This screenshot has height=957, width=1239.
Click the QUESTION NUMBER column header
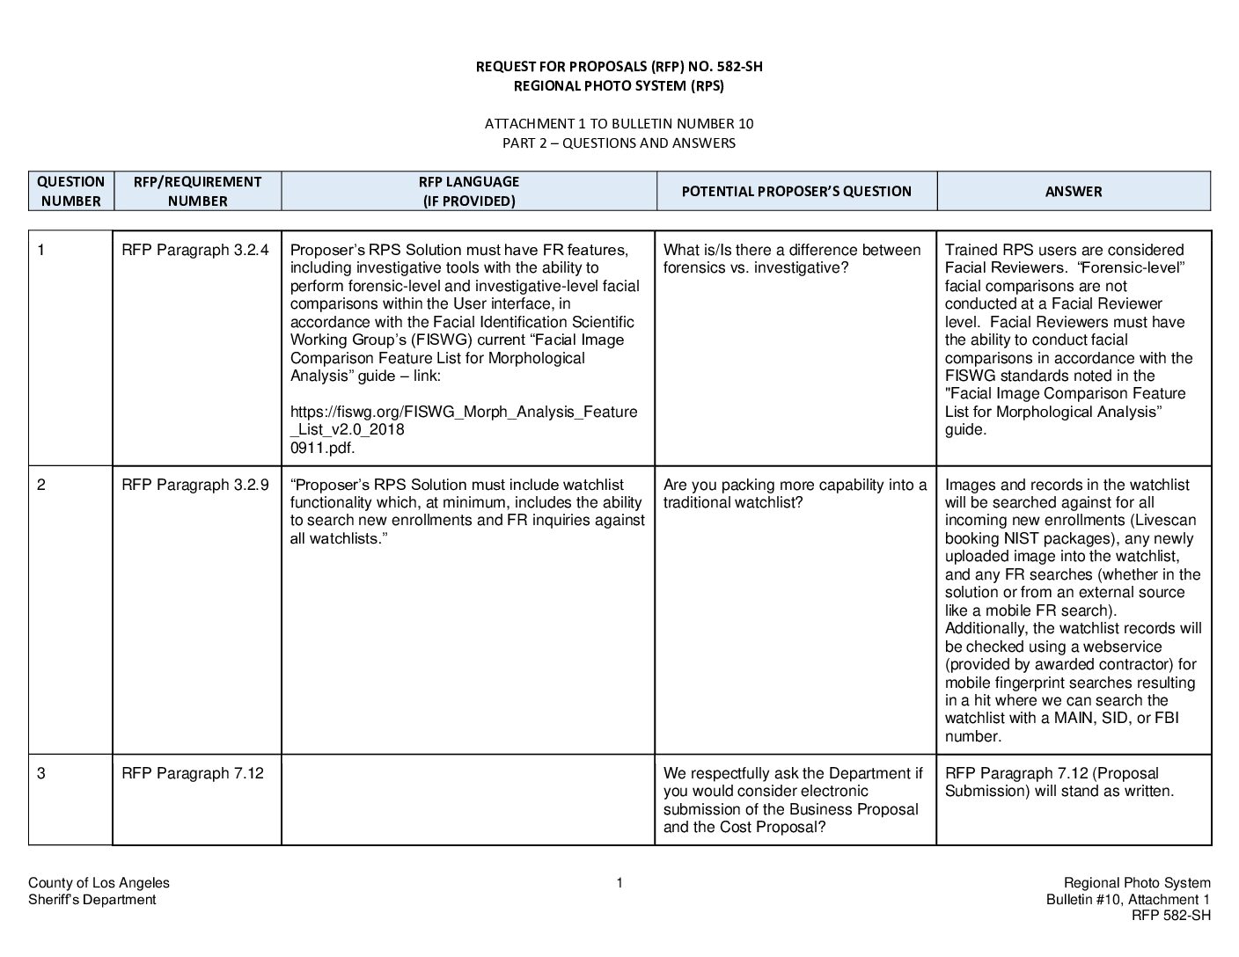(x=70, y=191)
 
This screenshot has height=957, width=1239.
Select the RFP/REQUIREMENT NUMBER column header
(x=197, y=191)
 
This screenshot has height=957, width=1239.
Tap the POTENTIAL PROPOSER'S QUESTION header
(x=796, y=191)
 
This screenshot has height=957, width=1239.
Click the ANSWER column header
(x=1073, y=191)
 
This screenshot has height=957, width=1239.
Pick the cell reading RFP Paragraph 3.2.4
(x=195, y=250)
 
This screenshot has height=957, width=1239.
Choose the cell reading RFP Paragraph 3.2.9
(x=195, y=485)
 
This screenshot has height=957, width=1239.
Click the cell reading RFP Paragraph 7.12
(x=193, y=773)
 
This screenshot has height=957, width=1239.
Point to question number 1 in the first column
(x=41, y=250)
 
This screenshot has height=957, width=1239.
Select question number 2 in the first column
(x=41, y=485)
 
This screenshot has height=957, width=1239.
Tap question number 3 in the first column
(x=41, y=773)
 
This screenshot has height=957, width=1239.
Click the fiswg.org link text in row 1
(x=464, y=420)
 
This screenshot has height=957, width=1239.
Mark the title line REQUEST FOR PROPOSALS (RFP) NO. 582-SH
(x=619, y=67)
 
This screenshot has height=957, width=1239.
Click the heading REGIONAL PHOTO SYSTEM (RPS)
(x=619, y=86)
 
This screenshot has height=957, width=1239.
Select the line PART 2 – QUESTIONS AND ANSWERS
(x=619, y=142)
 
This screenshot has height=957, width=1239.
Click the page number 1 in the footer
(x=619, y=883)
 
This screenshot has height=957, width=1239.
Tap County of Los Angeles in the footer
(x=99, y=883)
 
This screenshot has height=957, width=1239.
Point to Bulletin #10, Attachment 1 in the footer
(x=1128, y=899)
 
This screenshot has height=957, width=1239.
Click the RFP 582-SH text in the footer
(x=1170, y=916)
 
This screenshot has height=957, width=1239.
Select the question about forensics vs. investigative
(x=791, y=259)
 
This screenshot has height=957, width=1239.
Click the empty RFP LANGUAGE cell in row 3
(x=468, y=800)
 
